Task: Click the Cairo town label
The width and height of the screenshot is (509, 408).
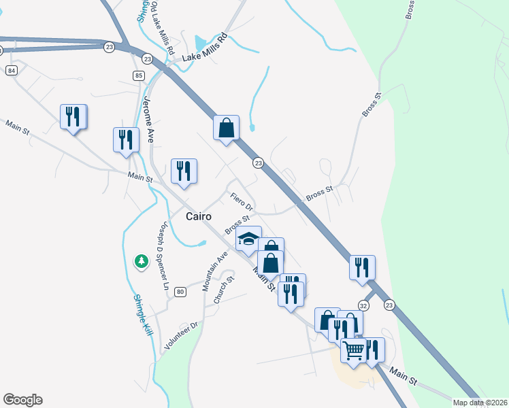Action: pos(199,216)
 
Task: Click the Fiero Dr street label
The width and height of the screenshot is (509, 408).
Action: pos(242,201)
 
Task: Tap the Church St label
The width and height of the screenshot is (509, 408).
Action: pos(224,290)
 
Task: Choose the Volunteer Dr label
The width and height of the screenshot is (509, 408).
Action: pos(179,336)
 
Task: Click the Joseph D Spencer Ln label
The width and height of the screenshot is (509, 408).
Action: pos(163,256)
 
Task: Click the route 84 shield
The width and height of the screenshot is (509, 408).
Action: pos(13,70)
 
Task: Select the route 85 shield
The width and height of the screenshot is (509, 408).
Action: pos(139,75)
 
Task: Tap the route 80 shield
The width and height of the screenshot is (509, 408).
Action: pos(180,292)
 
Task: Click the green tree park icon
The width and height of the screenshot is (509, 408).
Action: pos(141,260)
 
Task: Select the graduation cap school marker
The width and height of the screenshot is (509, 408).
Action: pos(248,239)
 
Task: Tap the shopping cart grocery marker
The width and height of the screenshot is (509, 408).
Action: pos(354,352)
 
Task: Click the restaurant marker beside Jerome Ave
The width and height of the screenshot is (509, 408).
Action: pos(126,140)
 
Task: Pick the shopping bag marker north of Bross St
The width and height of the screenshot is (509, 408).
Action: pos(226,127)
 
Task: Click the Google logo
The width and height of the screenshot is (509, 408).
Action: pos(22,400)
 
